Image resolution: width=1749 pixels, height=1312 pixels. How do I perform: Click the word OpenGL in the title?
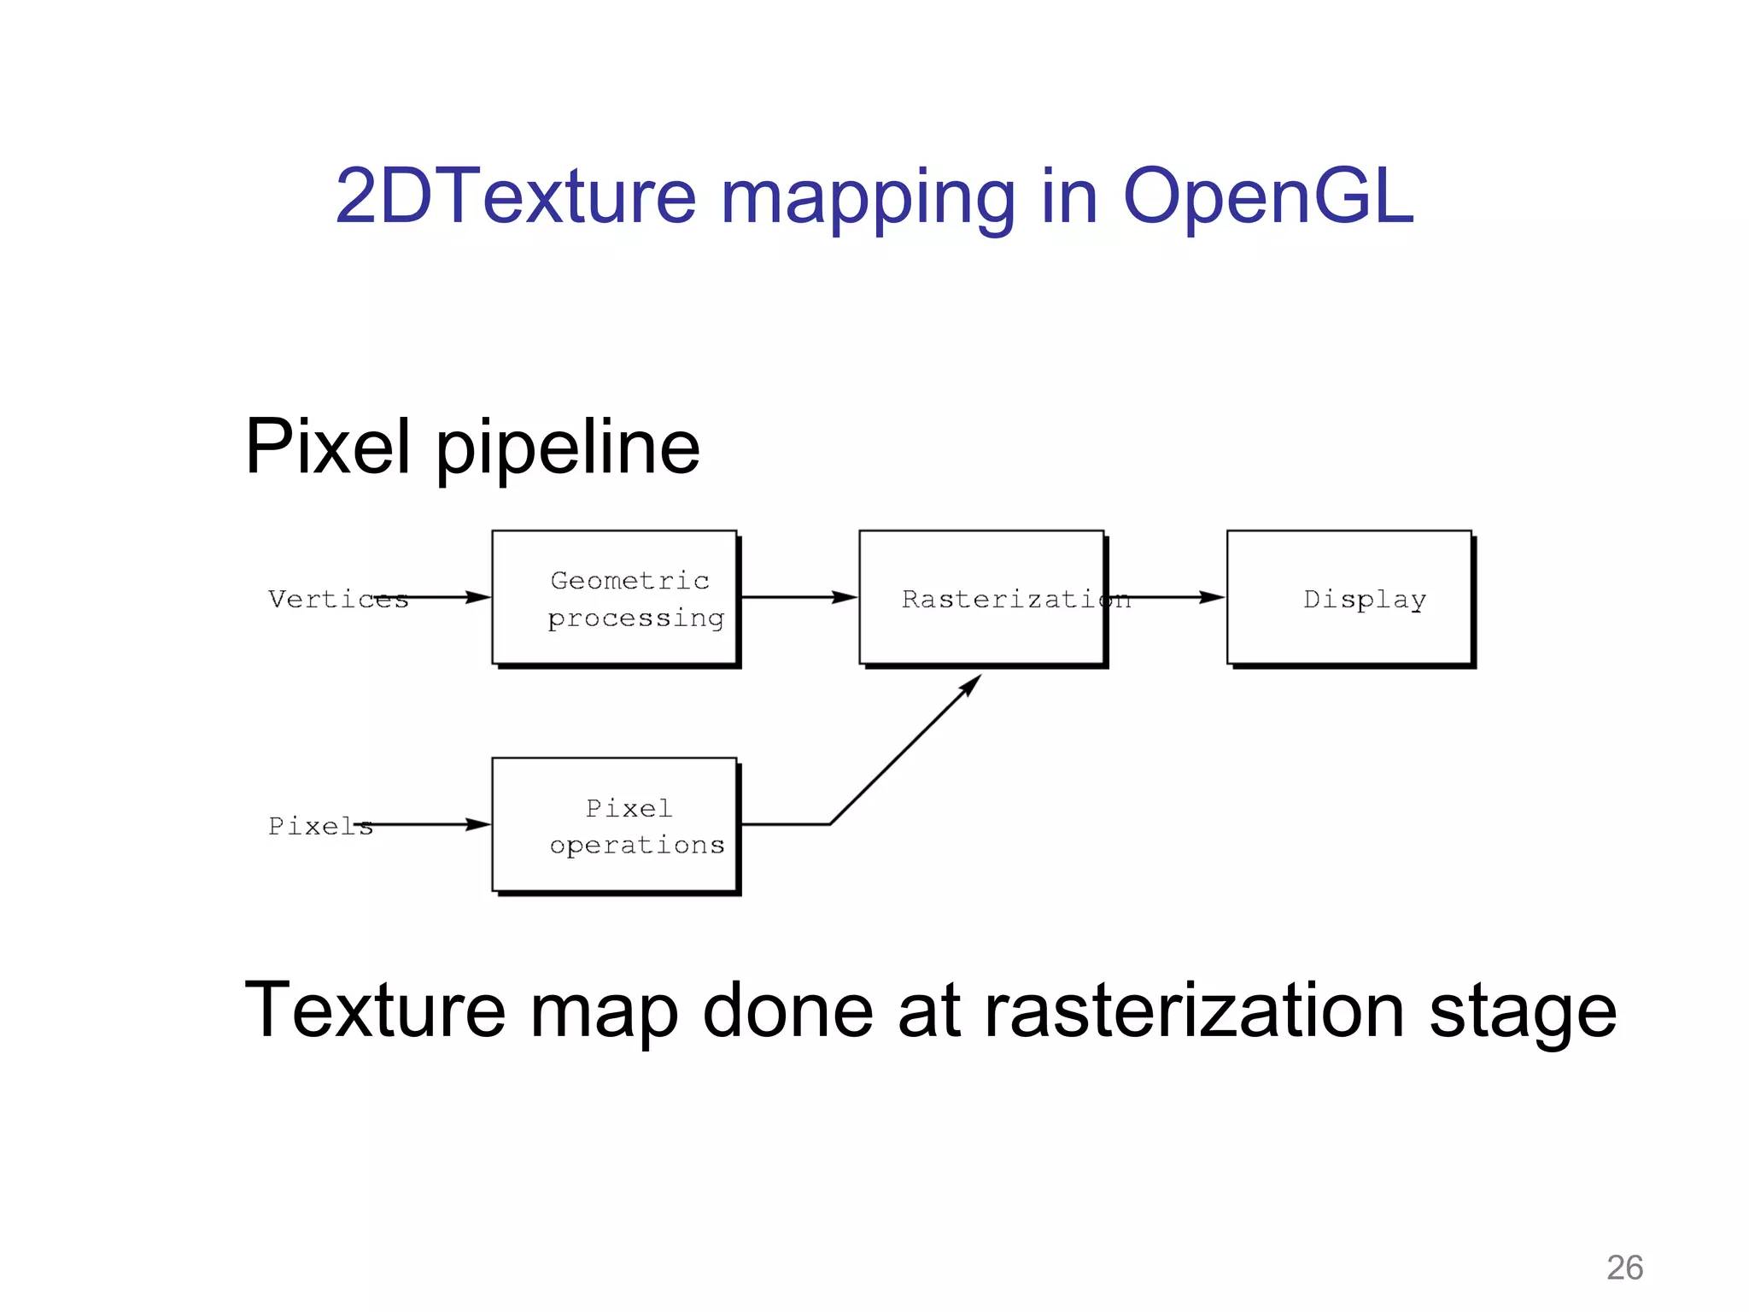pos(1267,198)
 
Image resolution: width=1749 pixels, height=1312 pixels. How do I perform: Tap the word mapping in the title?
pos(868,201)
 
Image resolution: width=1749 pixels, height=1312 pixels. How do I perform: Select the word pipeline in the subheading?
pos(568,448)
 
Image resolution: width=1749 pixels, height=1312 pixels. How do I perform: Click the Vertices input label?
pos(337,599)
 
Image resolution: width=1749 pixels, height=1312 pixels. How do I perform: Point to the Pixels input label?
pos(319,826)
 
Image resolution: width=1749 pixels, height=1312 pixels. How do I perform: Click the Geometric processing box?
pos(614,597)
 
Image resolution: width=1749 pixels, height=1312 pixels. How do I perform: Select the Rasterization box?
pos(981,597)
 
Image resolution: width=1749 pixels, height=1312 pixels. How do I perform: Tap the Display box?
pos(1349,597)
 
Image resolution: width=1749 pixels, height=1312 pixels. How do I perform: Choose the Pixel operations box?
pos(614,824)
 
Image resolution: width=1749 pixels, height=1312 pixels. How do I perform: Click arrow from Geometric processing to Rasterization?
pos(798,597)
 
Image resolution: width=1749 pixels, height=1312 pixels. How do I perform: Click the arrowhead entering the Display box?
pos(1211,597)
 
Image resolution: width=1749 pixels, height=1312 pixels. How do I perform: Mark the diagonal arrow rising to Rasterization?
pos(905,750)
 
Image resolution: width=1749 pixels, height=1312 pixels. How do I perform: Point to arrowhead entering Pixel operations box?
pos(477,824)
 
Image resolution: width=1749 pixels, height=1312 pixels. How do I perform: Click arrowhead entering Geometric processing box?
pos(477,597)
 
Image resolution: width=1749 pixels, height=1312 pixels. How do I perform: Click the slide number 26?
pos(1624,1268)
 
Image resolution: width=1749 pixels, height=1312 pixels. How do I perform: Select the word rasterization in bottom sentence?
pos(1194,1011)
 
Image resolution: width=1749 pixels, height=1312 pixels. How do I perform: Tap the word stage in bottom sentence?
pos(1523,1015)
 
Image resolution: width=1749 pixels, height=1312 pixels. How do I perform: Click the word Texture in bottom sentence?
pos(375,1011)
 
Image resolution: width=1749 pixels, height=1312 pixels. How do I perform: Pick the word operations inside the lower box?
pos(636,846)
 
